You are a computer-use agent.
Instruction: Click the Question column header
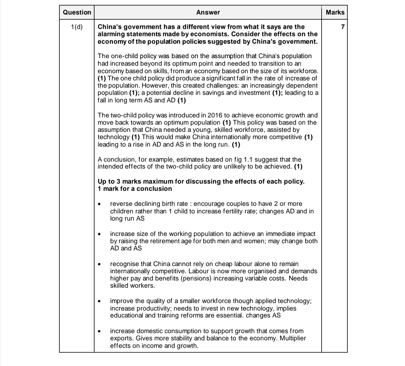pyautogui.click(x=77, y=12)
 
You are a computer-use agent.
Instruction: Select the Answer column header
pyautogui.click(x=208, y=12)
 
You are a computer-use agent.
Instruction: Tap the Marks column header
pyautogui.click(x=335, y=12)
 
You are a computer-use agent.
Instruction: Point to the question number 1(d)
pyautogui.click(x=77, y=27)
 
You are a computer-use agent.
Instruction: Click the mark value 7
pyautogui.click(x=343, y=27)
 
